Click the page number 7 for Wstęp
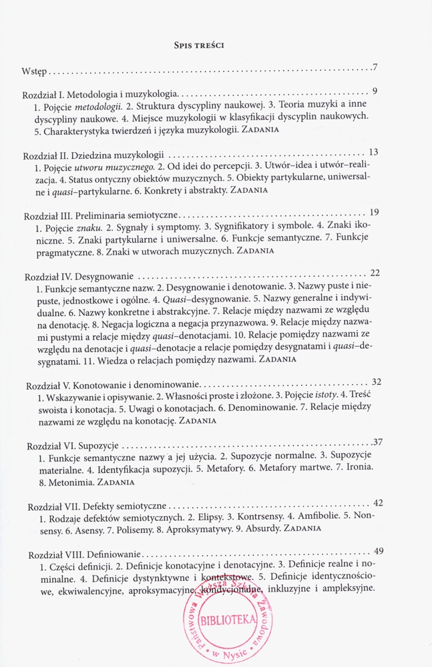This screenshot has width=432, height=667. (x=376, y=67)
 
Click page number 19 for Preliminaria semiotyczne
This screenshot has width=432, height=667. (x=375, y=212)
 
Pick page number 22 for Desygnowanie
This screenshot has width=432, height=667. (x=375, y=272)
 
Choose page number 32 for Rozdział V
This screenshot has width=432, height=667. (x=376, y=382)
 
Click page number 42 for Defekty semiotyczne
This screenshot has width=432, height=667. (x=378, y=502)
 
